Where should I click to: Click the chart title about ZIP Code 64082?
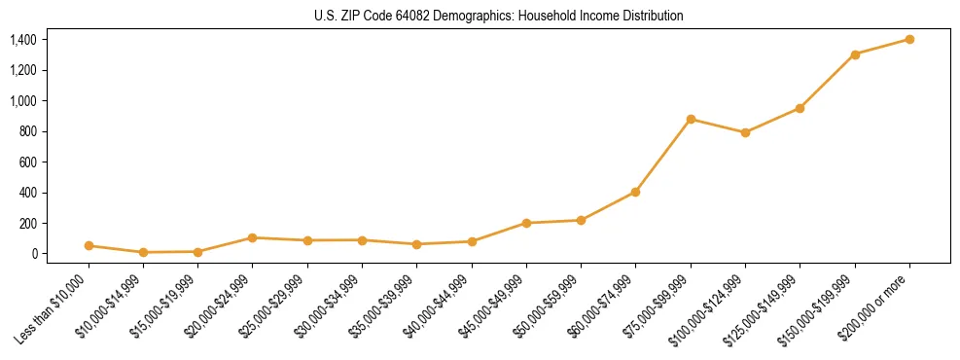(x=499, y=17)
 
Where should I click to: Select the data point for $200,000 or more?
(x=909, y=39)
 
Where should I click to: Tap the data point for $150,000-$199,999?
(x=855, y=54)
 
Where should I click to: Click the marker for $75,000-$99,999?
(x=691, y=120)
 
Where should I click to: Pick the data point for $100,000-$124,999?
(x=745, y=132)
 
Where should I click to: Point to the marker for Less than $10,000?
(x=89, y=246)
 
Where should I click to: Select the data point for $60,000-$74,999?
(x=635, y=192)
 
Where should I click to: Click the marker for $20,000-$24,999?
(x=253, y=237)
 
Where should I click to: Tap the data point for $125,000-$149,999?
(x=800, y=108)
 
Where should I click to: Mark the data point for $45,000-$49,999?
(x=526, y=223)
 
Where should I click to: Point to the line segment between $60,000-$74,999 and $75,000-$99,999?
(x=663, y=156)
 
